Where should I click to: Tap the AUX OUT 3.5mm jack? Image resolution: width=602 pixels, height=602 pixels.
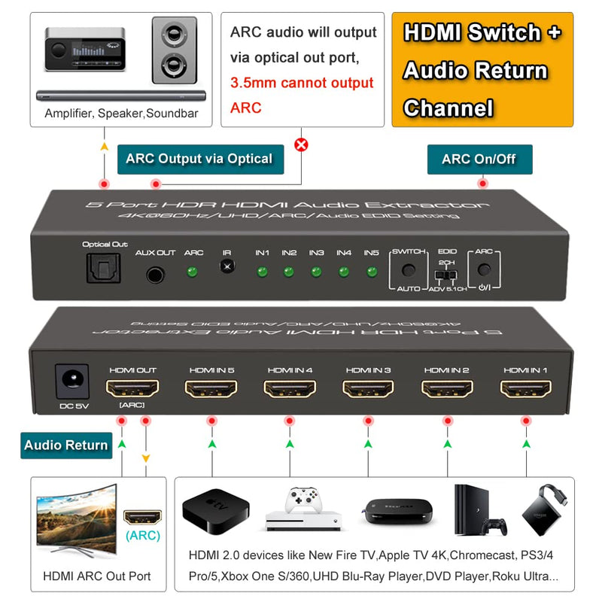155,275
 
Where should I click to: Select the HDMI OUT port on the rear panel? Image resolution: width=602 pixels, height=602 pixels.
132,388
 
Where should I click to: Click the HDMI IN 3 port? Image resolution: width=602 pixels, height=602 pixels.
368,388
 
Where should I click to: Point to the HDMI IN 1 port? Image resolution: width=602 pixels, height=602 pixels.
525,388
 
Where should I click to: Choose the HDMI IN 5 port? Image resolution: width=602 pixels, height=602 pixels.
211,388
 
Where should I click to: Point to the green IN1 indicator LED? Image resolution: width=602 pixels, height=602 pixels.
261,271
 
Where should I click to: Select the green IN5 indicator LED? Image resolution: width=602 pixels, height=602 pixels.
371,271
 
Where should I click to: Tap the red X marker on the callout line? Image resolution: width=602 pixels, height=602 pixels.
301,144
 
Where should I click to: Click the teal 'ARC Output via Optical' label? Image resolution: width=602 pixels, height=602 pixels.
199,159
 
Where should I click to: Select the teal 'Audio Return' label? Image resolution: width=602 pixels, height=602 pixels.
65,445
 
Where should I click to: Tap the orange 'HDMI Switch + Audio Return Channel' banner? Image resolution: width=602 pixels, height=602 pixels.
482,70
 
